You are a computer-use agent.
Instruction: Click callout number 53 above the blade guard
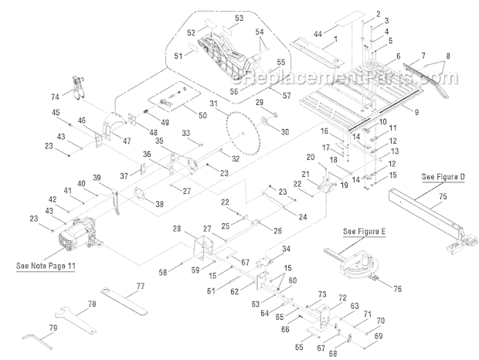coord(239,17)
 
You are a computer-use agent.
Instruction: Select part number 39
coord(97,177)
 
